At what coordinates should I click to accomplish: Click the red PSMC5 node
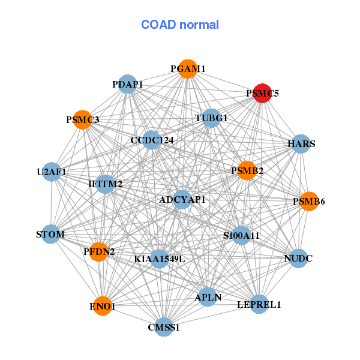(x=262, y=94)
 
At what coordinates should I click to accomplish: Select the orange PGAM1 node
(x=188, y=69)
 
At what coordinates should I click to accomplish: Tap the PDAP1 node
(x=127, y=85)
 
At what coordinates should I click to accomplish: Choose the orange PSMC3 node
(x=82, y=120)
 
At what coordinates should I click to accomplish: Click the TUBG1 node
(x=211, y=118)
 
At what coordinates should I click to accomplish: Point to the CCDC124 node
(x=152, y=140)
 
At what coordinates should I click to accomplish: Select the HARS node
(x=301, y=144)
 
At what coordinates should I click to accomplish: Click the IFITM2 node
(x=106, y=184)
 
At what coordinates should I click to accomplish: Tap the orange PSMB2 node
(x=247, y=171)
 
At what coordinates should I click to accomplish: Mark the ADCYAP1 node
(x=182, y=199)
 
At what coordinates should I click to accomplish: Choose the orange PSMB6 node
(x=308, y=201)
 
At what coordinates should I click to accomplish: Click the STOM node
(x=50, y=233)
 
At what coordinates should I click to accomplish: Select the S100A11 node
(x=241, y=236)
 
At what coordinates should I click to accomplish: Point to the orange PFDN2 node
(x=100, y=251)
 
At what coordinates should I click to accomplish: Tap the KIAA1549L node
(x=159, y=259)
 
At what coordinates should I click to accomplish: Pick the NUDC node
(x=298, y=259)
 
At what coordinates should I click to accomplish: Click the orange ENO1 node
(x=103, y=306)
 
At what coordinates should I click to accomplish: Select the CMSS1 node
(x=164, y=327)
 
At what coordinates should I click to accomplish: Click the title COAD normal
(x=180, y=25)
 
